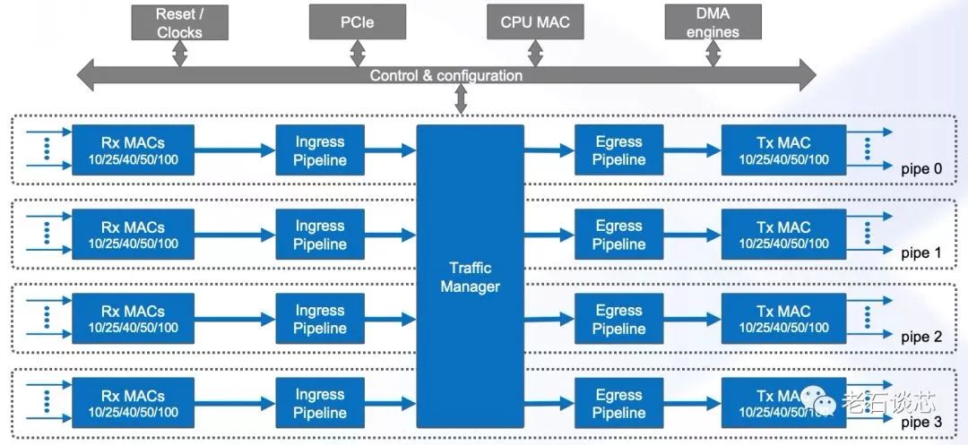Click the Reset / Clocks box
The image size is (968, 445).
(x=180, y=22)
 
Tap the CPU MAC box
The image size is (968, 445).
(x=534, y=22)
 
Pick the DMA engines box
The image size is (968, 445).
(x=714, y=22)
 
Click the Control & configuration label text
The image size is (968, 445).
(x=445, y=75)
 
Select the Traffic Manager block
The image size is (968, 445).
(x=471, y=278)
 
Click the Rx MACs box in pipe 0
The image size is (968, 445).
(x=133, y=150)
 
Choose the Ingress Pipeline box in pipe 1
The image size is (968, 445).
(x=320, y=235)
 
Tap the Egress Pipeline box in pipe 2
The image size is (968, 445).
(x=618, y=320)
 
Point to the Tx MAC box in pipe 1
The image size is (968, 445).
(x=783, y=235)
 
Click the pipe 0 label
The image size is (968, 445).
(x=920, y=168)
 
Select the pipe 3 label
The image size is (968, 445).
(x=920, y=422)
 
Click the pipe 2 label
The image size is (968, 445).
(x=920, y=338)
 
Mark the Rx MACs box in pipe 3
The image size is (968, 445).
(x=133, y=404)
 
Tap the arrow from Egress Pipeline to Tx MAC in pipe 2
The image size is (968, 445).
(x=692, y=320)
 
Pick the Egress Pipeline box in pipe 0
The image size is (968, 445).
(x=618, y=150)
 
